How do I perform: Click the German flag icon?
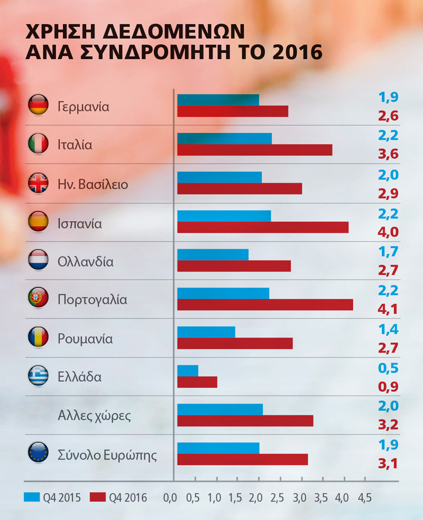[38, 105]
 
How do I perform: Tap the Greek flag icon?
[38, 376]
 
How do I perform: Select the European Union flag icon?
[38, 453]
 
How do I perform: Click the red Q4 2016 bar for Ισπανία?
[263, 227]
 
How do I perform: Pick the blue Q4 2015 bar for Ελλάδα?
[188, 370]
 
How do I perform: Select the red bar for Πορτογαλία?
[265, 304]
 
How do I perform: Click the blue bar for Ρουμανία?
[206, 332]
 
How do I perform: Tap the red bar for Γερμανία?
[233, 111]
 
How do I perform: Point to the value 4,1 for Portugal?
[388, 309]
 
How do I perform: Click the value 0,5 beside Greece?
[388, 367]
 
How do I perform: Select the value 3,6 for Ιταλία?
[388, 155]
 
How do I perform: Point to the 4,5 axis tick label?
[365, 498]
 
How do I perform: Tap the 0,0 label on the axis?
[170, 498]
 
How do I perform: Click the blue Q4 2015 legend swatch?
[31, 497]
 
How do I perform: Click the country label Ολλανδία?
[85, 262]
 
